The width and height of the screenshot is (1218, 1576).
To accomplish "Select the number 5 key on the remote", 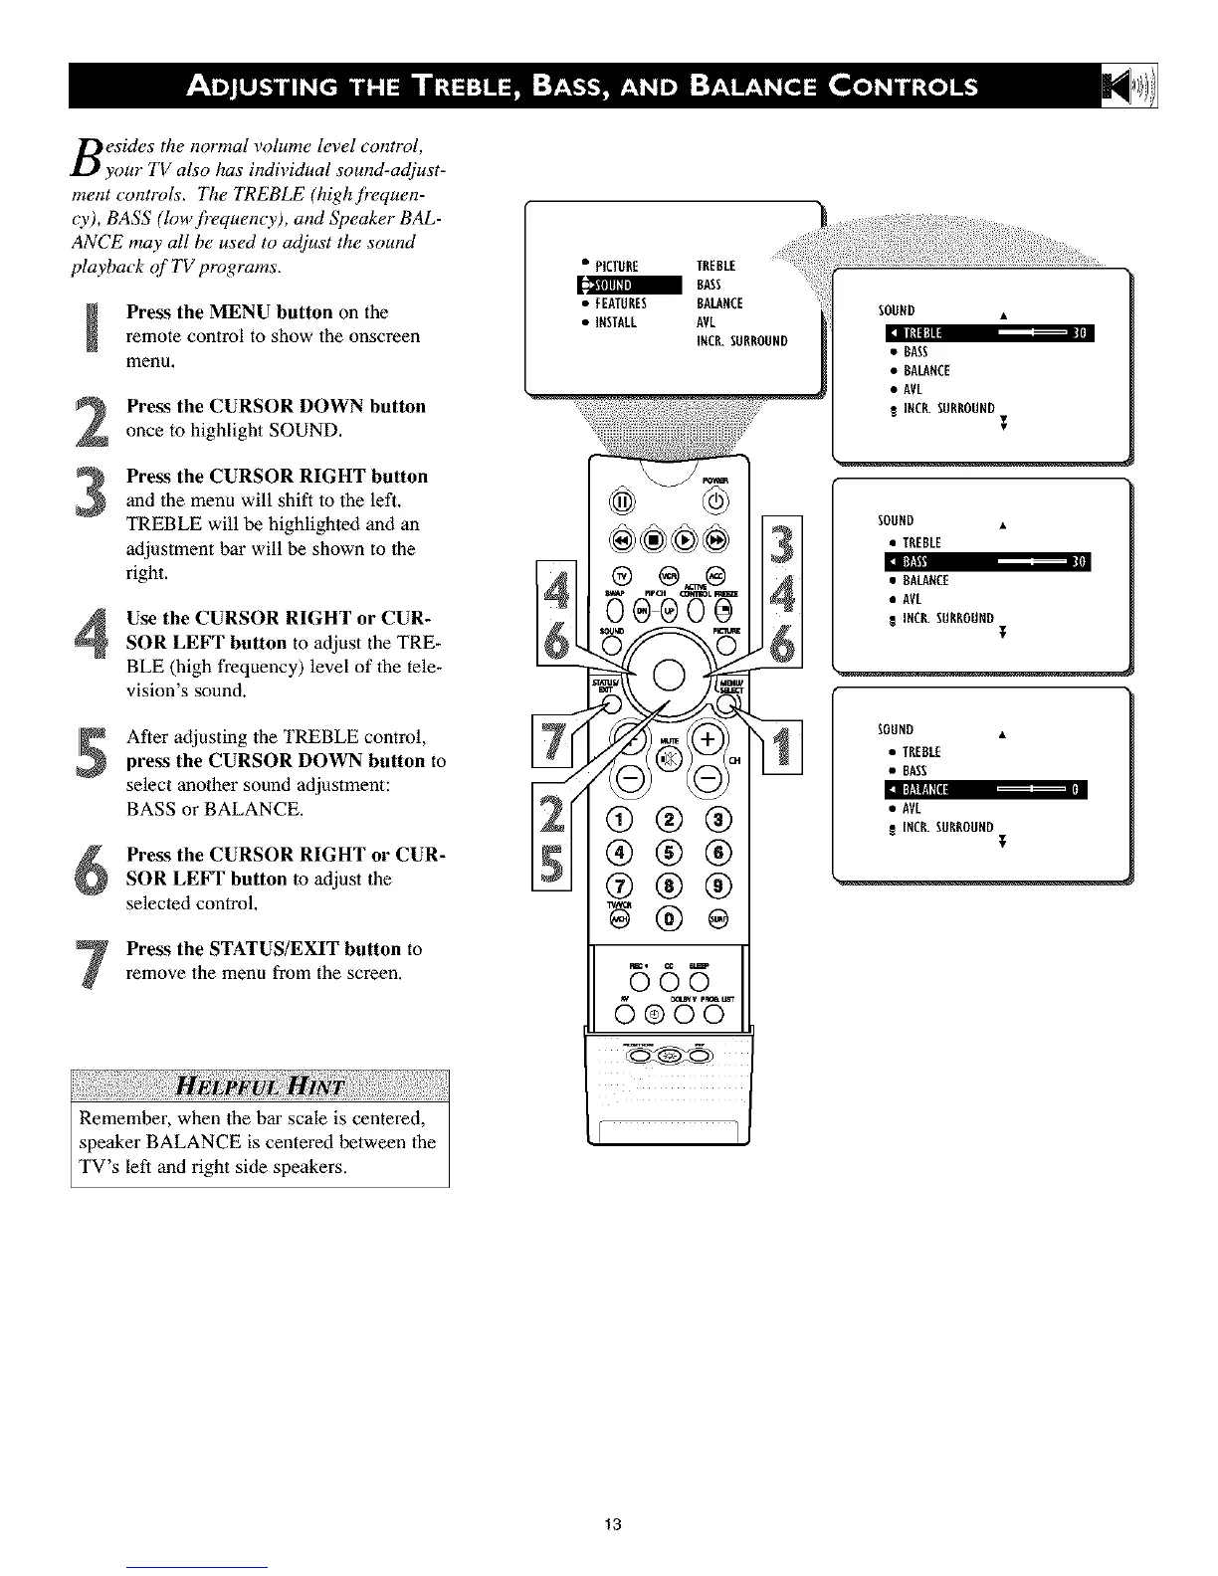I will click(669, 852).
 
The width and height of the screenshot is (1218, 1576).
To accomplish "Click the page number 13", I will click(612, 1523).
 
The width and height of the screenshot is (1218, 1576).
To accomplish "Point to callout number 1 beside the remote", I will click(782, 745).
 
